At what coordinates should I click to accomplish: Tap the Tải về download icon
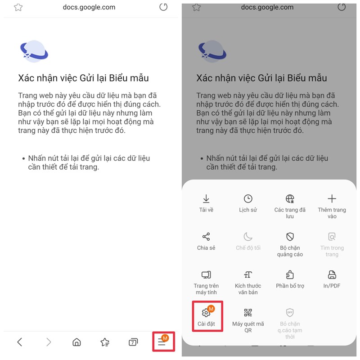click(x=206, y=199)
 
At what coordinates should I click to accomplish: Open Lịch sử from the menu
click(x=248, y=199)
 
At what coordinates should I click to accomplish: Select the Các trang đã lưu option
click(x=290, y=199)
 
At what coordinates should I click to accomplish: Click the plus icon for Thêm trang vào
click(x=332, y=199)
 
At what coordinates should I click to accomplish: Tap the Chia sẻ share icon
click(x=206, y=237)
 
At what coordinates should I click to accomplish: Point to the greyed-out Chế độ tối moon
click(x=248, y=237)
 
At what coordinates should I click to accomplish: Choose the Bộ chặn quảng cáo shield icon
click(x=290, y=237)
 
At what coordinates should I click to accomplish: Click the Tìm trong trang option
click(x=332, y=237)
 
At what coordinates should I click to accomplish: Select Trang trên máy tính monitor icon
click(x=206, y=274)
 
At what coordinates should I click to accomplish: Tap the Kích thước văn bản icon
click(x=248, y=274)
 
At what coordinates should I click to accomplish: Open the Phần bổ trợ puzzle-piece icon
click(x=290, y=274)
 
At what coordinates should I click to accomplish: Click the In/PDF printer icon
click(x=332, y=274)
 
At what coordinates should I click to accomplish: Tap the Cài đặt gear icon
click(x=206, y=313)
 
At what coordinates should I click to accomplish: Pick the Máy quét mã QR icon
click(x=248, y=313)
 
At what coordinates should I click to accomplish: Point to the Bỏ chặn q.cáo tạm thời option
click(x=290, y=313)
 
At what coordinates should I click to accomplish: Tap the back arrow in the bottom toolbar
click(x=20, y=342)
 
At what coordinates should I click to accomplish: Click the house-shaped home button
click(x=76, y=342)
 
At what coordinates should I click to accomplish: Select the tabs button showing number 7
click(x=133, y=342)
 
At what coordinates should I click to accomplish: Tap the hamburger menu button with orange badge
click(x=162, y=342)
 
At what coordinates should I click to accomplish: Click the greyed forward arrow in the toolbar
click(x=49, y=342)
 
